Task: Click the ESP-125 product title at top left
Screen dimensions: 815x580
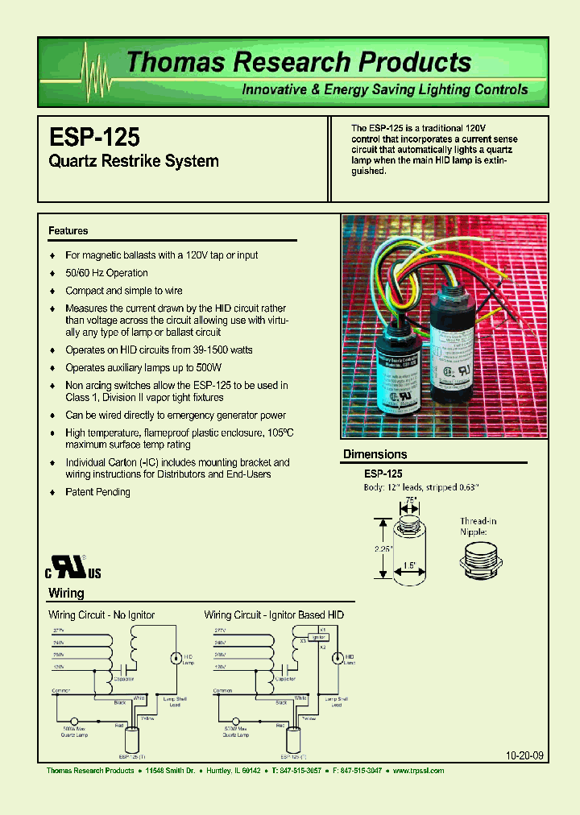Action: [94, 134]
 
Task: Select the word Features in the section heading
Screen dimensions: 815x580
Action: [68, 231]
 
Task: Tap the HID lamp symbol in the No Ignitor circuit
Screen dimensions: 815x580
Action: [174, 658]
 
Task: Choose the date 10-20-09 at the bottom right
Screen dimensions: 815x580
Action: [524, 756]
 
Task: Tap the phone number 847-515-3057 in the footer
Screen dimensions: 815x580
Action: [297, 771]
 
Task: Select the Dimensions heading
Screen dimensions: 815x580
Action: [375, 454]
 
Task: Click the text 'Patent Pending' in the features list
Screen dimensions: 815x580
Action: [97, 492]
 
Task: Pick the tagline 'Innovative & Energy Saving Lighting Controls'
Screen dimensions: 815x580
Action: [385, 89]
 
